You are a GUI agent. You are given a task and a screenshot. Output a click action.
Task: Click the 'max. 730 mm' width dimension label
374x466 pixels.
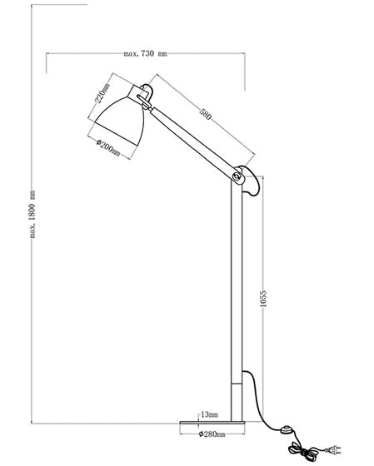click(145, 54)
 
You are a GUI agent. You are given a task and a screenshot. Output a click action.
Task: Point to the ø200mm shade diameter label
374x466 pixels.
click(108, 151)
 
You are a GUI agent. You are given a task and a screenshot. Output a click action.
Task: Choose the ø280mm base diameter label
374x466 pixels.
click(214, 434)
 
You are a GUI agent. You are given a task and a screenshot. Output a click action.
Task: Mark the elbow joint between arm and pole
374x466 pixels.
click(243, 177)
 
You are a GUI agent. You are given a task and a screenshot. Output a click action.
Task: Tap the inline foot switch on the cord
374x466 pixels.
click(287, 430)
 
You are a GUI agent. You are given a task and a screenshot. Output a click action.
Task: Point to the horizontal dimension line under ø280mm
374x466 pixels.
click(214, 441)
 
